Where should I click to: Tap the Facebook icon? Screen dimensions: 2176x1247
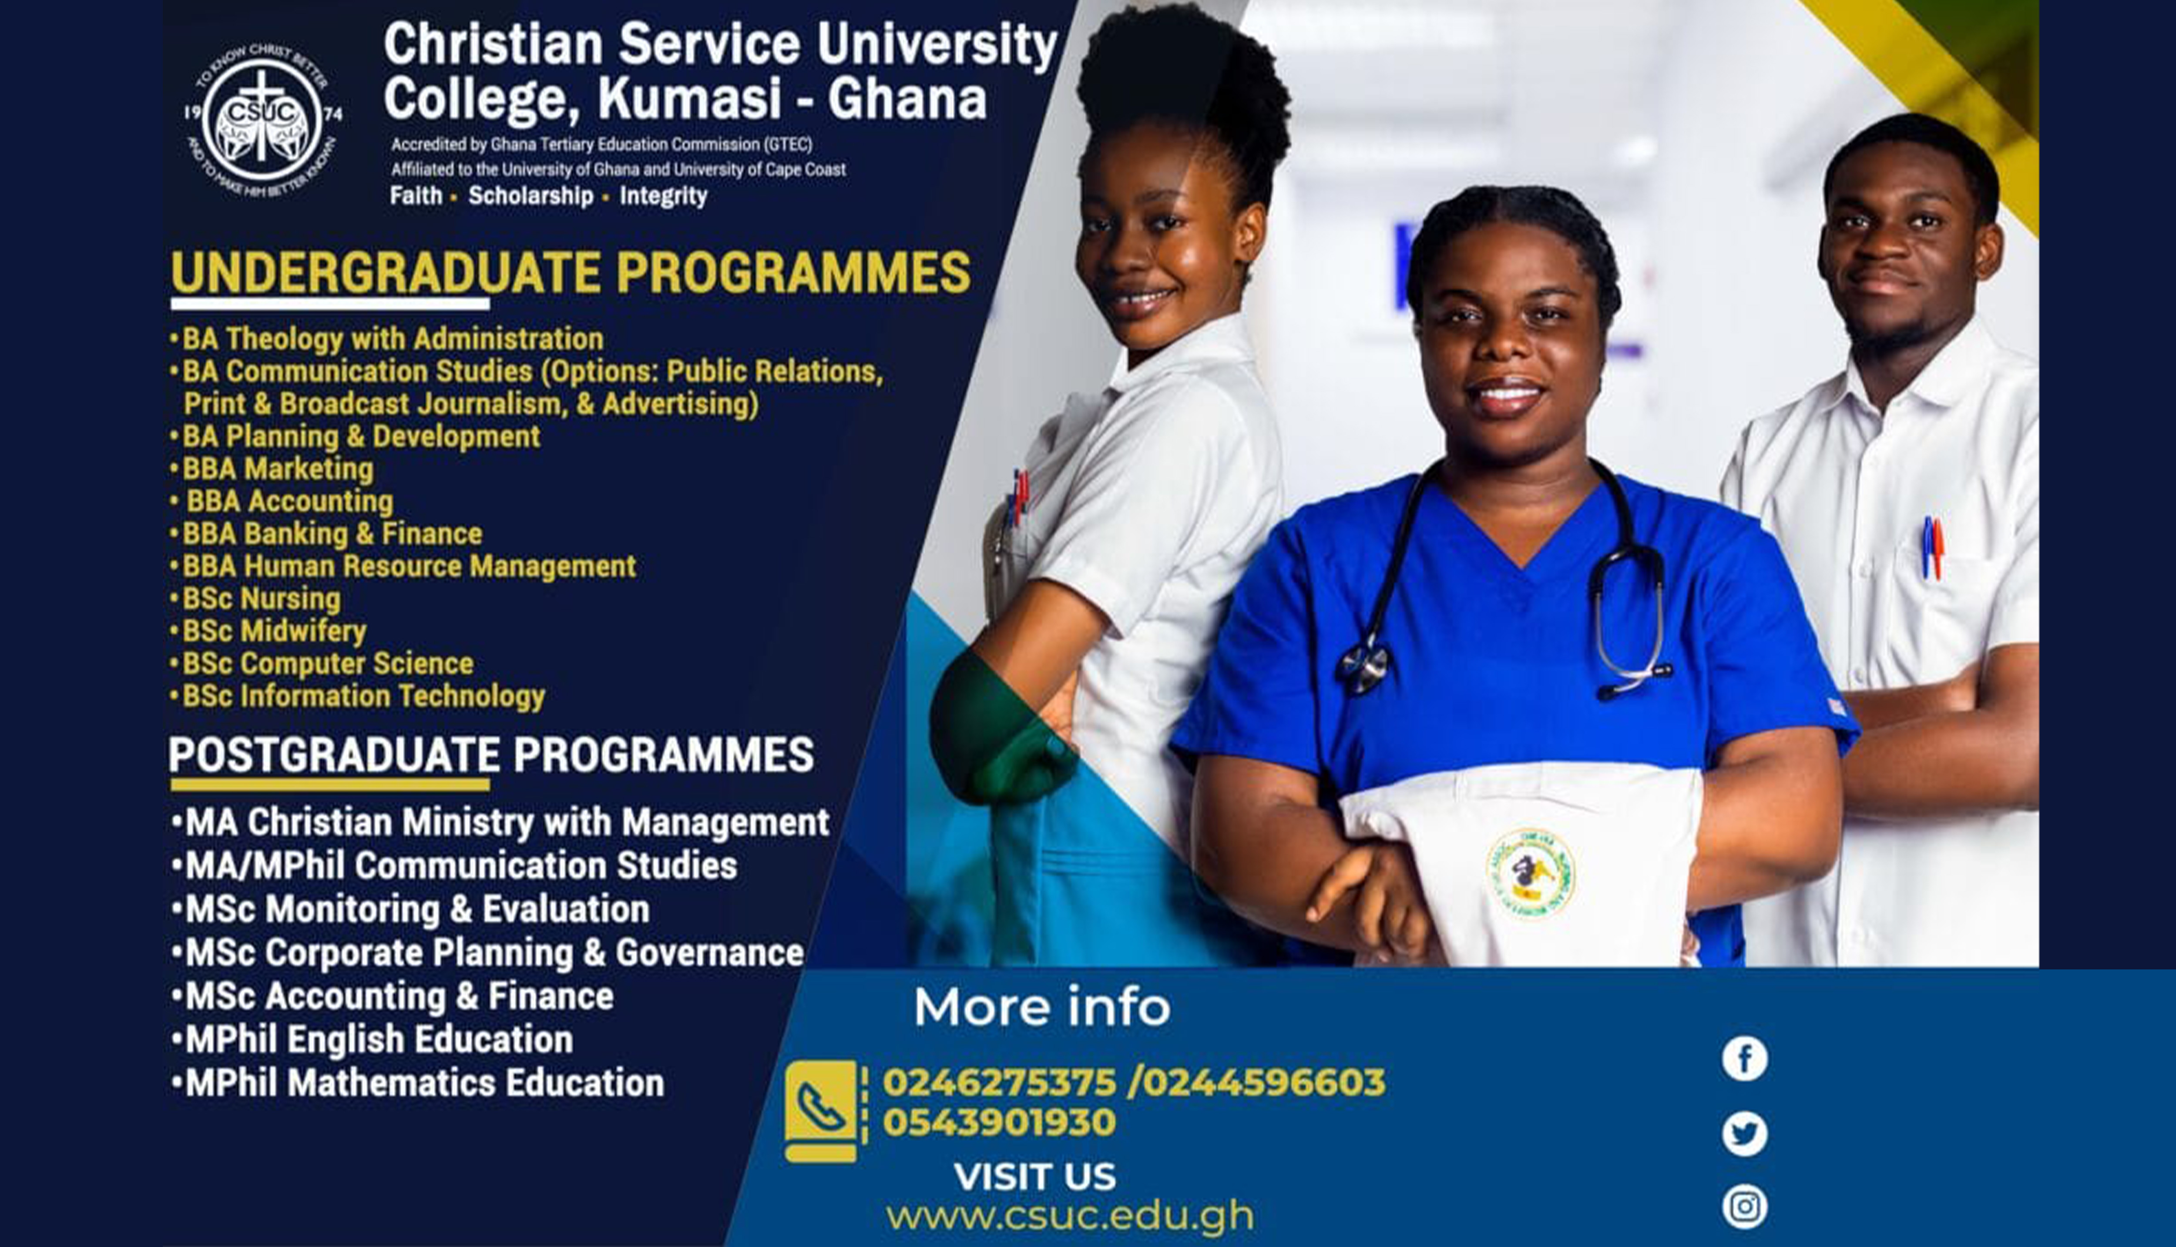(x=1744, y=1059)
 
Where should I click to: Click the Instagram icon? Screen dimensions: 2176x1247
(x=1744, y=1207)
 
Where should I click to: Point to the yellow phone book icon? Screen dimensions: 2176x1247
(x=821, y=1111)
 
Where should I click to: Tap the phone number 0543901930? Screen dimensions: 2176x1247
(x=1000, y=1122)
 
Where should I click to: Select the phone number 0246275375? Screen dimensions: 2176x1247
(x=1000, y=1083)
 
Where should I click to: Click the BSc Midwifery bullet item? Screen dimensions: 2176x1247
(x=268, y=631)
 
